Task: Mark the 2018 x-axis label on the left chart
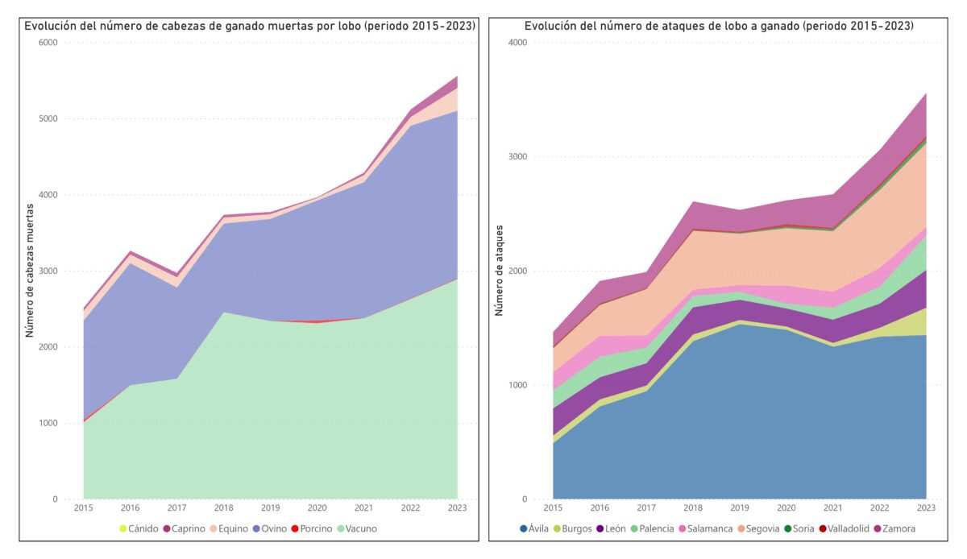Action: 223,507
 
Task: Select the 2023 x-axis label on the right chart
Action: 926,507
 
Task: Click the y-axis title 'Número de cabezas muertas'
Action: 30,270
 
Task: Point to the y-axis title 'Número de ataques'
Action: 499,271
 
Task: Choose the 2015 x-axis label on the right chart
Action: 553,507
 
